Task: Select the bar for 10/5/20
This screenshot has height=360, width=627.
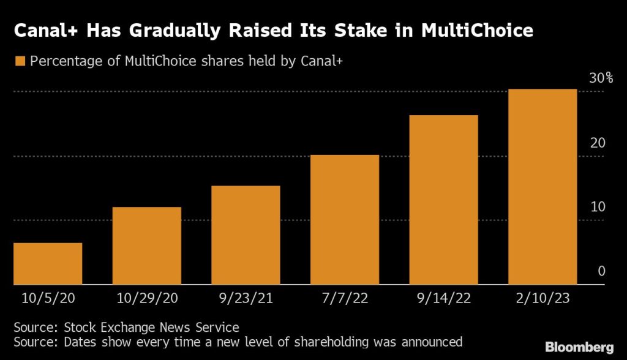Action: coord(48,264)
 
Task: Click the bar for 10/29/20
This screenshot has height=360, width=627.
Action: coord(147,246)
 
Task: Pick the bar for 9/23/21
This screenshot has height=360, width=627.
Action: coord(246,235)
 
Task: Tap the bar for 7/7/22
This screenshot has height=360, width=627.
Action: coord(345,220)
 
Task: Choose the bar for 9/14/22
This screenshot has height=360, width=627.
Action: coord(444,200)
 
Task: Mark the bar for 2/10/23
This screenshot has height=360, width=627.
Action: coord(543,187)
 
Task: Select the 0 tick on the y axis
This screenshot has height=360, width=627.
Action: coord(601,271)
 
